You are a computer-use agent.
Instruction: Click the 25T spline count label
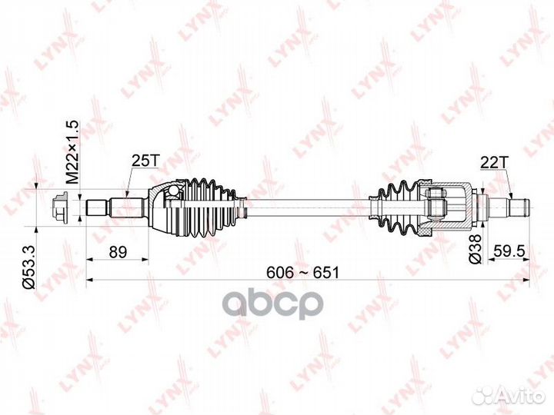coord(145,160)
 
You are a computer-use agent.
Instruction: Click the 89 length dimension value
coord(118,251)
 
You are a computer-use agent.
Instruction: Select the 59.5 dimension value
coord(509,251)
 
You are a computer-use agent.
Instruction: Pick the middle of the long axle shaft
coord(308,206)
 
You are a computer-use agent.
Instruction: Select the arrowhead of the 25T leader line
coord(128,193)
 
